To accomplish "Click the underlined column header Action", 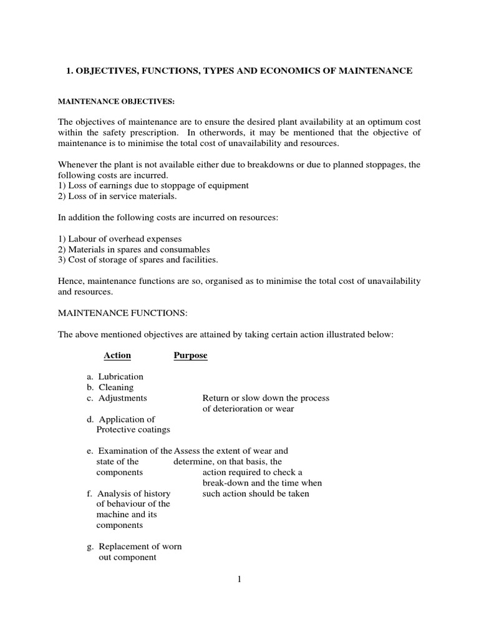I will pyautogui.click(x=117, y=356).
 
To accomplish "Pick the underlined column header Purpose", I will pyautogui.click(x=190, y=356).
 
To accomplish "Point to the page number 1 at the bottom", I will pyautogui.click(x=239, y=579).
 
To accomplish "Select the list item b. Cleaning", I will pyautogui.click(x=110, y=388).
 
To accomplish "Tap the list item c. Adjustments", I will pyautogui.click(x=117, y=398).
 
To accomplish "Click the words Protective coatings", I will pyautogui.click(x=133, y=430).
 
